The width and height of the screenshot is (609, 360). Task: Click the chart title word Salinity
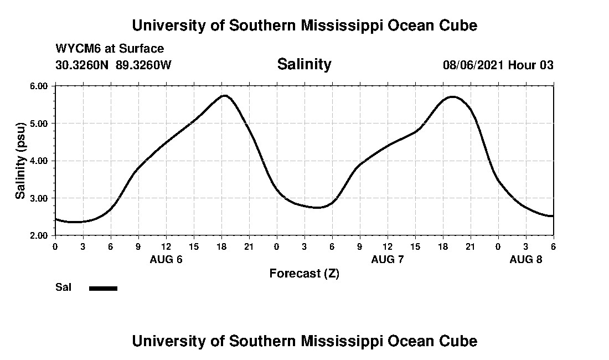coord(304,64)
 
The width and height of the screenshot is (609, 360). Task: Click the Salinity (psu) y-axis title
coord(20,161)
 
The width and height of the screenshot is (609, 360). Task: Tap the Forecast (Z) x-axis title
coord(304,274)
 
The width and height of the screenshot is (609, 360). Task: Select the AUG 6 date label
coord(166,259)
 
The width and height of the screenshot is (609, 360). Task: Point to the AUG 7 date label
coord(388,259)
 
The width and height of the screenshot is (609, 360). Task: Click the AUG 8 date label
coord(526,259)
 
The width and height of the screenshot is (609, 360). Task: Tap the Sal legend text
coord(64,287)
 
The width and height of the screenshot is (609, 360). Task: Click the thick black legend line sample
coord(103,288)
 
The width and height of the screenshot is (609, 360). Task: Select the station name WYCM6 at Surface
coord(110,49)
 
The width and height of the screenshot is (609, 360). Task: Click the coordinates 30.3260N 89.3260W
coord(113,65)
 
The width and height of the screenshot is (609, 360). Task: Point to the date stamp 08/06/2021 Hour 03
coord(498,65)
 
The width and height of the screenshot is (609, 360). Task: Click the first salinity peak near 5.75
coord(224,95)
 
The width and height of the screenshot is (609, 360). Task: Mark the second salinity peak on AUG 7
coord(453,96)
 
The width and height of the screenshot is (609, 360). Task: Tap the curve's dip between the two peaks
coord(317,208)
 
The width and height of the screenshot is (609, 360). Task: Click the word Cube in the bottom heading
coord(461,341)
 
